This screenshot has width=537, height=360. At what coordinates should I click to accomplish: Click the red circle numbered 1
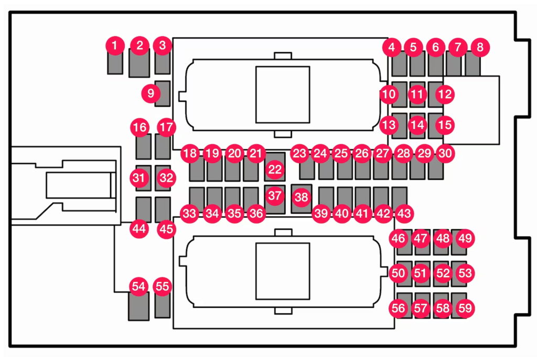click(x=114, y=46)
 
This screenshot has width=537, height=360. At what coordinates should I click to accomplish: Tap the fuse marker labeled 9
click(x=151, y=93)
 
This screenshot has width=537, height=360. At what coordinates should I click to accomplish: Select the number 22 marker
click(x=275, y=170)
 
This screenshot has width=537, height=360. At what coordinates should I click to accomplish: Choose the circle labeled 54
click(x=139, y=287)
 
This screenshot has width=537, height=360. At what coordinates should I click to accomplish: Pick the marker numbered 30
click(x=445, y=154)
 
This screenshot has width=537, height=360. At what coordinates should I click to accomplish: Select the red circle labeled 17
click(x=166, y=127)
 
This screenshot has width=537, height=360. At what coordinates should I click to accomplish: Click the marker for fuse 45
click(x=166, y=229)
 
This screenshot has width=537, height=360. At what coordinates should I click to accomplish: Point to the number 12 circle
click(x=445, y=95)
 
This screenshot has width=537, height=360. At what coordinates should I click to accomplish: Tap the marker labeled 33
click(x=189, y=214)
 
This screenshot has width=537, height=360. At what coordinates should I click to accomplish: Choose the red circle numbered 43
click(x=404, y=214)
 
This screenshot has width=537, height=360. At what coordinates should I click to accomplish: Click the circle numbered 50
click(x=399, y=273)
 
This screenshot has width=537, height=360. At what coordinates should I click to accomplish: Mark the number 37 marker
click(x=274, y=196)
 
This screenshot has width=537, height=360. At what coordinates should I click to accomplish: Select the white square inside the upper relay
click(x=283, y=94)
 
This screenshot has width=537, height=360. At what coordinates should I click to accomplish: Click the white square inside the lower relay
click(x=283, y=271)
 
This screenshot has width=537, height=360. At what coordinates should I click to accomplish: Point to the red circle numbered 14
click(x=417, y=125)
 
